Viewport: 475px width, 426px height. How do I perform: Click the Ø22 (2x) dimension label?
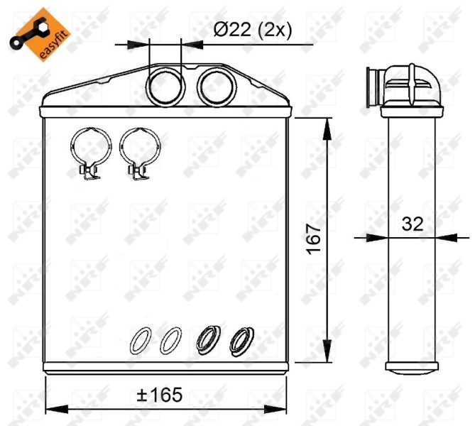(x=253, y=31)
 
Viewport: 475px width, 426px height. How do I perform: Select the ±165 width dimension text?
(x=160, y=393)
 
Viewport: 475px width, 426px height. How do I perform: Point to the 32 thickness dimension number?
(x=412, y=224)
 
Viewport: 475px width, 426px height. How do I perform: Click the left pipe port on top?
(x=165, y=86)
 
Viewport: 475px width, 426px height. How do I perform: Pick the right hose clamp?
(x=139, y=151)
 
